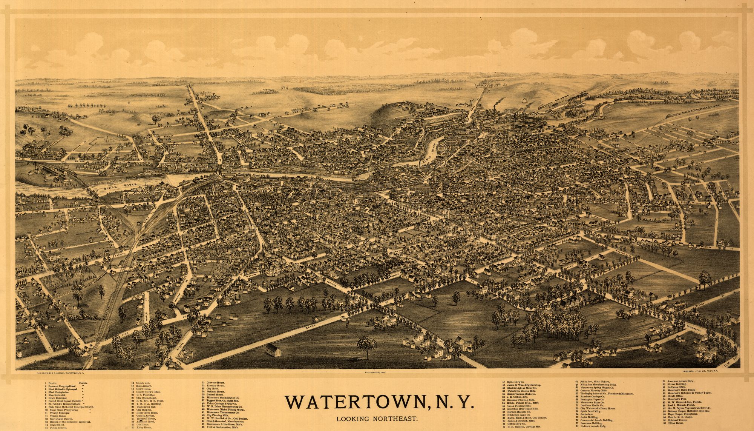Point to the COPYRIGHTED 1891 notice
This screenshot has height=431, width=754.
pos(377,373)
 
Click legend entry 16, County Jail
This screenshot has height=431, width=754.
pos(139,383)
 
